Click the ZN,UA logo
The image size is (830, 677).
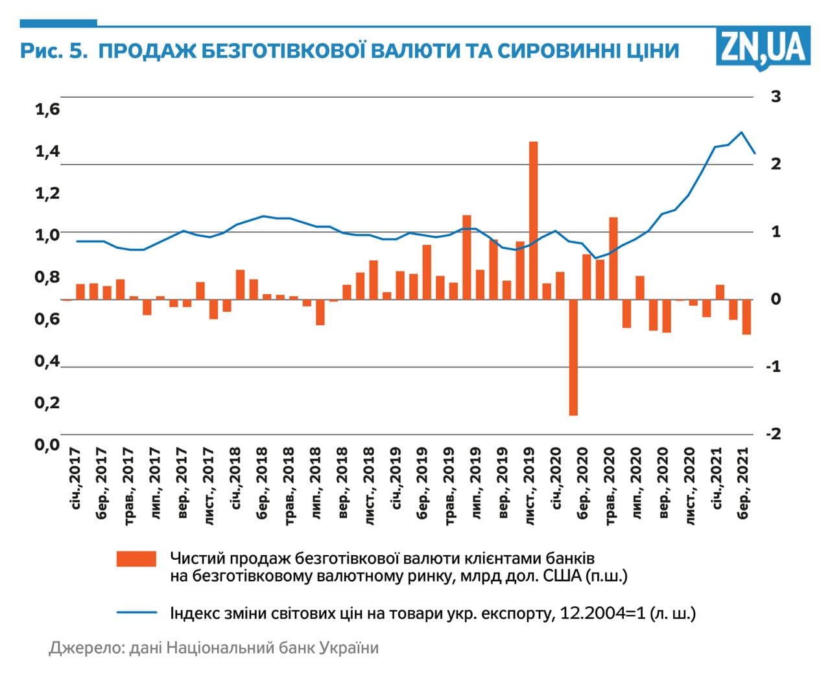[763, 47]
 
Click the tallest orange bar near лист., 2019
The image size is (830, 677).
[534, 220]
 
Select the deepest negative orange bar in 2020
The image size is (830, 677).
[573, 357]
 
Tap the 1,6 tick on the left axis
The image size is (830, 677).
[47, 109]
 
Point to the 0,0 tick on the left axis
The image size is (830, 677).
[47, 444]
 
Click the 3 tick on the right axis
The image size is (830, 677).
[776, 97]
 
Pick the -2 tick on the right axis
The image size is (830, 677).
[773, 433]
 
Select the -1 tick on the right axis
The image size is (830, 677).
[773, 366]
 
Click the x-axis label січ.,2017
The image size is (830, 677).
[75, 477]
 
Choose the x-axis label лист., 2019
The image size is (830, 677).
[530, 485]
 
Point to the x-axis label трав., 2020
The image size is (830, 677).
[610, 485]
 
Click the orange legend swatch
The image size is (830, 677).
[136, 558]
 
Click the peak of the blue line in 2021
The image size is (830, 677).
[742, 132]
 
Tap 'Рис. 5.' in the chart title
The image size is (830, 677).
[53, 51]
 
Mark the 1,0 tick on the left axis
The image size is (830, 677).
[47, 235]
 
